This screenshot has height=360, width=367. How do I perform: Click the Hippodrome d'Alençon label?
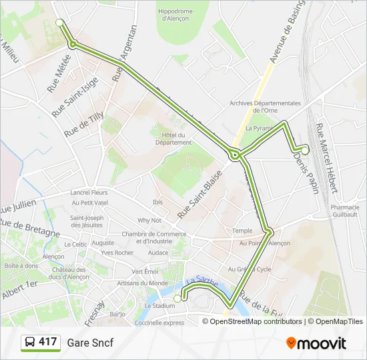tap(175, 15)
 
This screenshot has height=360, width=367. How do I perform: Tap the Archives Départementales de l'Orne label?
tap(265, 107)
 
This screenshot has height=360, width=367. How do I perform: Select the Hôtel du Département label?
tap(173, 139)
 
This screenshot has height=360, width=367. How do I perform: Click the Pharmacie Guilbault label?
tap(344, 211)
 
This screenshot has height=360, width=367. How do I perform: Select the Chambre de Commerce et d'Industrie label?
tap(153, 237)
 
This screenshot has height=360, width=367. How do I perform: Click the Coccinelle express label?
tap(159, 323)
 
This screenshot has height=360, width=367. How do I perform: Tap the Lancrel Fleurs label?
tap(89, 193)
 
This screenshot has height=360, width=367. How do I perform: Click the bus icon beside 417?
tap(30, 343)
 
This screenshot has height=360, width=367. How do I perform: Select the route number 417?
tap(47, 342)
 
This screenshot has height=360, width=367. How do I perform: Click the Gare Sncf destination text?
tap(90, 343)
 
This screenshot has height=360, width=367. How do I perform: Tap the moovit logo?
tap(316, 343)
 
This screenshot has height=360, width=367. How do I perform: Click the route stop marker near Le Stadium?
tap(177, 298)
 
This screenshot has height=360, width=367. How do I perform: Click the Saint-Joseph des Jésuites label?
tap(87, 221)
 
